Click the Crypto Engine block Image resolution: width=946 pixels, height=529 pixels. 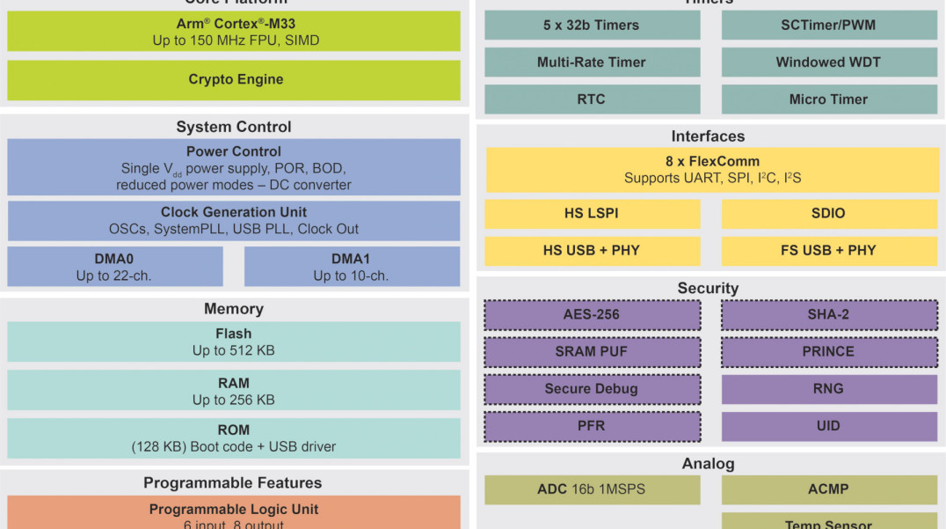point(234,80)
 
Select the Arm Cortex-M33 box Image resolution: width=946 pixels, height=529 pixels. point(234,32)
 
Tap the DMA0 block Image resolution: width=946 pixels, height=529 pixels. point(115,267)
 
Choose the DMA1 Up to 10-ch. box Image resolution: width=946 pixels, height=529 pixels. point(352,267)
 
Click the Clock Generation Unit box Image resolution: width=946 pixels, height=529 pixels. point(234,221)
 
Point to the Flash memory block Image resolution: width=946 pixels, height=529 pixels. point(234,342)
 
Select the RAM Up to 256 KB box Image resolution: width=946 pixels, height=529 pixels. point(234,391)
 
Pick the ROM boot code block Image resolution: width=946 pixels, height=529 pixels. point(234,437)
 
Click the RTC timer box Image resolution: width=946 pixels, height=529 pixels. point(592,99)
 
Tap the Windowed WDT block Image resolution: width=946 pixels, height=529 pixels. point(829,62)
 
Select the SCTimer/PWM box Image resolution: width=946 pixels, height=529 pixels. point(829,26)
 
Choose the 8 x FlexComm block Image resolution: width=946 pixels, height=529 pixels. point(712,170)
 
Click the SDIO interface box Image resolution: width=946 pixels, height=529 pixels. point(829,214)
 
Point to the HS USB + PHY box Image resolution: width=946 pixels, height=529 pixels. point(592,251)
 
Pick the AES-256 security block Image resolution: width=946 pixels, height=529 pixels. point(592,315)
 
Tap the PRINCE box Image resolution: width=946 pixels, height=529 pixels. point(829,352)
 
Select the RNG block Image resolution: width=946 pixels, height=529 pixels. point(829,389)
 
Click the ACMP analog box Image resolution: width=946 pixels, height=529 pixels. point(829,489)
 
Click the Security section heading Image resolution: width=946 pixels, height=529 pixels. point(708,289)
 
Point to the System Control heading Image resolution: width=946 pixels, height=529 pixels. point(234,127)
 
